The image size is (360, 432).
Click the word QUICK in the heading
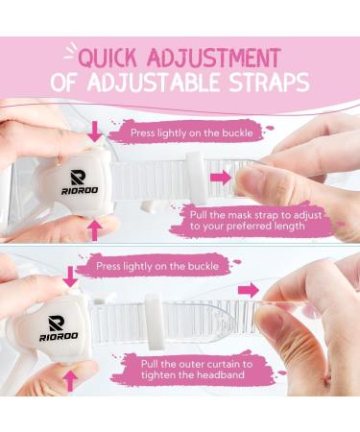click(108, 58)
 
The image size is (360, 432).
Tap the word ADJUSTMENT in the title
click(214, 58)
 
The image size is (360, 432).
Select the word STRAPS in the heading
click(270, 83)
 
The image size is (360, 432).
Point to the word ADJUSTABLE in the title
click(153, 83)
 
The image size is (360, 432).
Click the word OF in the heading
click(63, 83)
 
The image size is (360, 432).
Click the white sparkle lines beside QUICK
click(70, 51)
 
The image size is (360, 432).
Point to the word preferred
click(249, 226)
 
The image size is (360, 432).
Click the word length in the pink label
click(290, 226)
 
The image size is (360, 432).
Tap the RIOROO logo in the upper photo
click(80, 182)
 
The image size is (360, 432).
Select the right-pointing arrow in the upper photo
click(221, 178)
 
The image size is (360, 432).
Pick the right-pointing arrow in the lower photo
click(249, 291)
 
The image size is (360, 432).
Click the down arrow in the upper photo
click(95, 132)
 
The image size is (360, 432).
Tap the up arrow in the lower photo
click(70, 381)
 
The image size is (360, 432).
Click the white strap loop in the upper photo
click(196, 179)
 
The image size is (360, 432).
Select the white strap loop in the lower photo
click(155, 321)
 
